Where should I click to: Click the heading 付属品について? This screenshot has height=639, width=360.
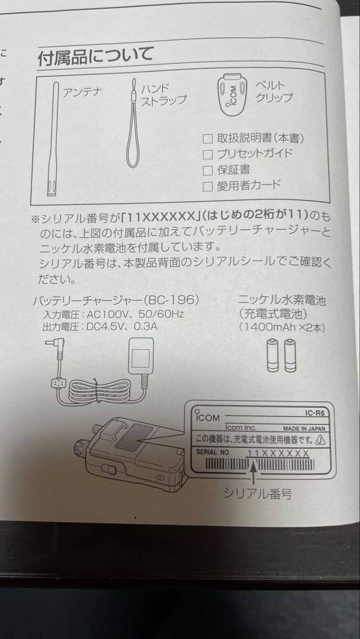[x=95, y=57]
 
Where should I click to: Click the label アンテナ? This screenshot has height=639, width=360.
[x=82, y=92]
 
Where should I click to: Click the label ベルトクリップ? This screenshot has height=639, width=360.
[x=273, y=92]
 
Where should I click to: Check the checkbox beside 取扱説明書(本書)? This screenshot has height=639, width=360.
[x=207, y=139]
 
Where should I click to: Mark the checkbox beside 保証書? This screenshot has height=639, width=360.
[x=207, y=170]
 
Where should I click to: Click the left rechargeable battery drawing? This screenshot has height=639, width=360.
[x=273, y=356]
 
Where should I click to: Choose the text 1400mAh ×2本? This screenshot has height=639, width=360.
[x=282, y=326]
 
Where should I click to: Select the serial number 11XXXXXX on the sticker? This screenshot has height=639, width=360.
[x=278, y=453]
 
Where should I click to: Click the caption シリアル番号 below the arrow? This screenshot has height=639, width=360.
[x=257, y=493]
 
